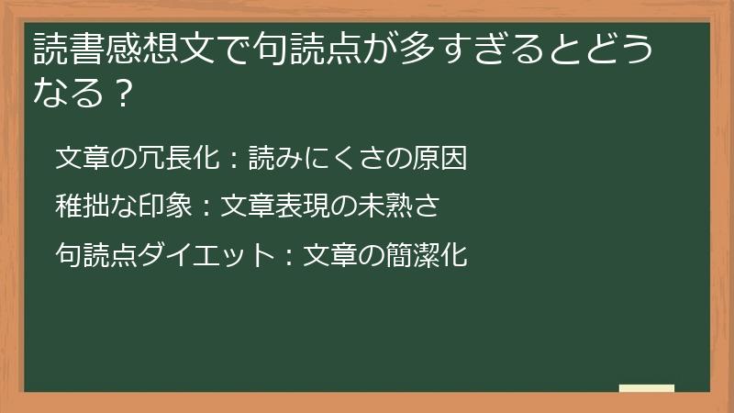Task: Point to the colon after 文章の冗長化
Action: click(230, 159)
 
